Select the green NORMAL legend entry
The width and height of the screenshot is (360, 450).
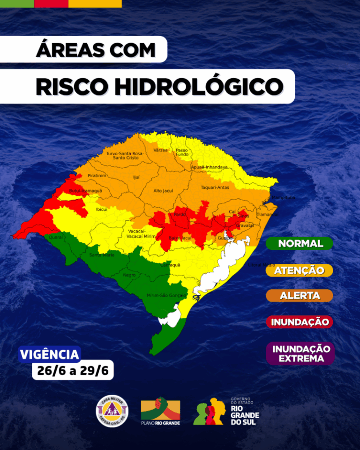300,244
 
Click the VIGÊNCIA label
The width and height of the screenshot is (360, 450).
49,354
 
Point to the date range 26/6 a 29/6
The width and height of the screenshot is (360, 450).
73,371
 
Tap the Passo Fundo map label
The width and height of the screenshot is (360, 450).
182,152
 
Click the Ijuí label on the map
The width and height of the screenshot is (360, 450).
136,178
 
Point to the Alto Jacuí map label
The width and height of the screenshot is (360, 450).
163,191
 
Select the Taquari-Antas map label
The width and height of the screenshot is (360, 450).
215,187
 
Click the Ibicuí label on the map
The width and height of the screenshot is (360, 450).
101,209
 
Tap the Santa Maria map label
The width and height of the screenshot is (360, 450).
102,255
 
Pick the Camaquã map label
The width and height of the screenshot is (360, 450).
171,265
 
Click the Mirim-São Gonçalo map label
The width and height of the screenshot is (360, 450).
166,296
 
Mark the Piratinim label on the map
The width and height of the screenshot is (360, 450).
97,175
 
